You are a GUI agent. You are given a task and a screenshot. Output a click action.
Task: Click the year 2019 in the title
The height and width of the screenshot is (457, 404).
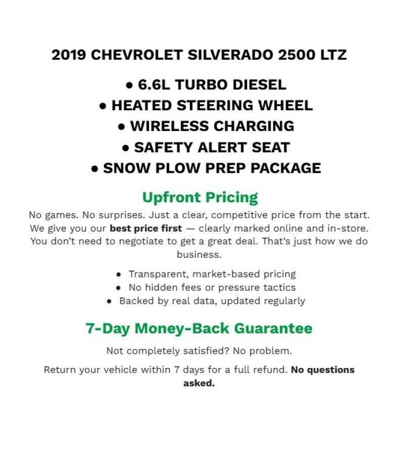tap(69, 55)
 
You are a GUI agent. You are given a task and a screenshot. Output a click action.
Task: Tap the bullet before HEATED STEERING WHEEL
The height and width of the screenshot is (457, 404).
tap(103, 106)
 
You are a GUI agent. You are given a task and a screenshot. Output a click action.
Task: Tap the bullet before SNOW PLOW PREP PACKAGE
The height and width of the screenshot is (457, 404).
tap(95, 169)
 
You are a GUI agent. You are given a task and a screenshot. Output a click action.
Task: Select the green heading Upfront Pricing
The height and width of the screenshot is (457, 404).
tap(200, 197)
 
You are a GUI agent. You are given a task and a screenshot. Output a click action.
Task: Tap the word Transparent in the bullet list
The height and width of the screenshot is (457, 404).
tap(159, 274)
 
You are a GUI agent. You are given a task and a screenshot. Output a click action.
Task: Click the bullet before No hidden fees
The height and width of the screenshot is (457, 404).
tap(118, 288)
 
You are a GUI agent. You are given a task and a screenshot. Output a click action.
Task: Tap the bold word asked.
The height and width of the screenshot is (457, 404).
tap(199, 383)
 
